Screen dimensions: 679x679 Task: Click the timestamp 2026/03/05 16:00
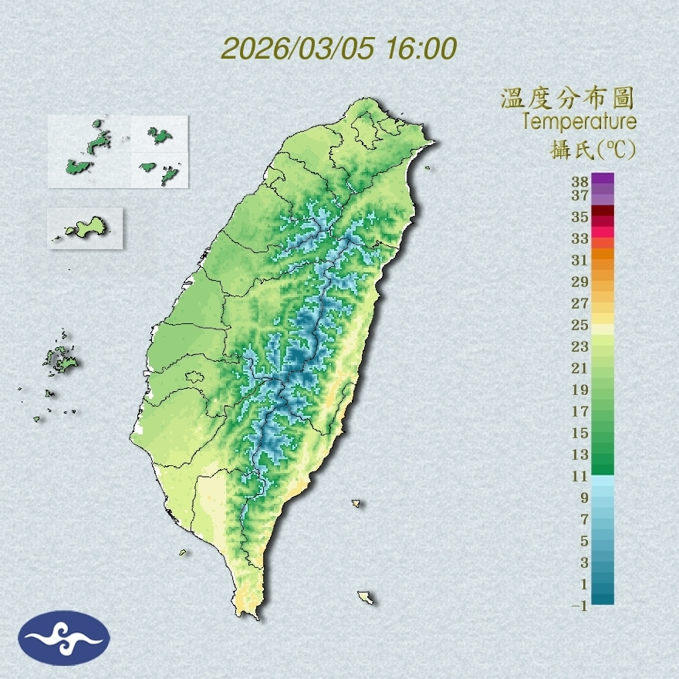pyautogui.click(x=339, y=48)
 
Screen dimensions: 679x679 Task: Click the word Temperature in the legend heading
pyautogui.click(x=579, y=121)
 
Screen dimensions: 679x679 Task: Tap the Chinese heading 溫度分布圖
pyautogui.click(x=567, y=98)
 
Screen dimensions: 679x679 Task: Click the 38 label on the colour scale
pyautogui.click(x=580, y=182)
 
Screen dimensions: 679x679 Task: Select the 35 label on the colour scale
pyautogui.click(x=580, y=217)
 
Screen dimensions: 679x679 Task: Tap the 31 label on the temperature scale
pyautogui.click(x=580, y=260)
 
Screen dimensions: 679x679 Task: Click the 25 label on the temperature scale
pyautogui.click(x=580, y=325)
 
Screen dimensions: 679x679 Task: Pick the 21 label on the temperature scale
pyautogui.click(x=580, y=368)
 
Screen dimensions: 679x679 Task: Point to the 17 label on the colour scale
pyautogui.click(x=580, y=411)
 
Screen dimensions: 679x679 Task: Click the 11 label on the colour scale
pyautogui.click(x=580, y=476)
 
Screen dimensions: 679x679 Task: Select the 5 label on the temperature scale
pyautogui.click(x=584, y=541)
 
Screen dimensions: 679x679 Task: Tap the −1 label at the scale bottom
pyautogui.click(x=580, y=606)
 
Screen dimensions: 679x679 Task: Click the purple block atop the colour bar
pyautogui.click(x=603, y=178)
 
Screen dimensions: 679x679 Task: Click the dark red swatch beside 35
pyautogui.click(x=603, y=211)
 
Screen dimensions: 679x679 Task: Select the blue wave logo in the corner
pyautogui.click(x=64, y=638)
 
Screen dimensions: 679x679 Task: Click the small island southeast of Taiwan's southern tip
pyautogui.click(x=366, y=597)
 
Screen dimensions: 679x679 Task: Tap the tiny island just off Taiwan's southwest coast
pyautogui.click(x=184, y=552)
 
